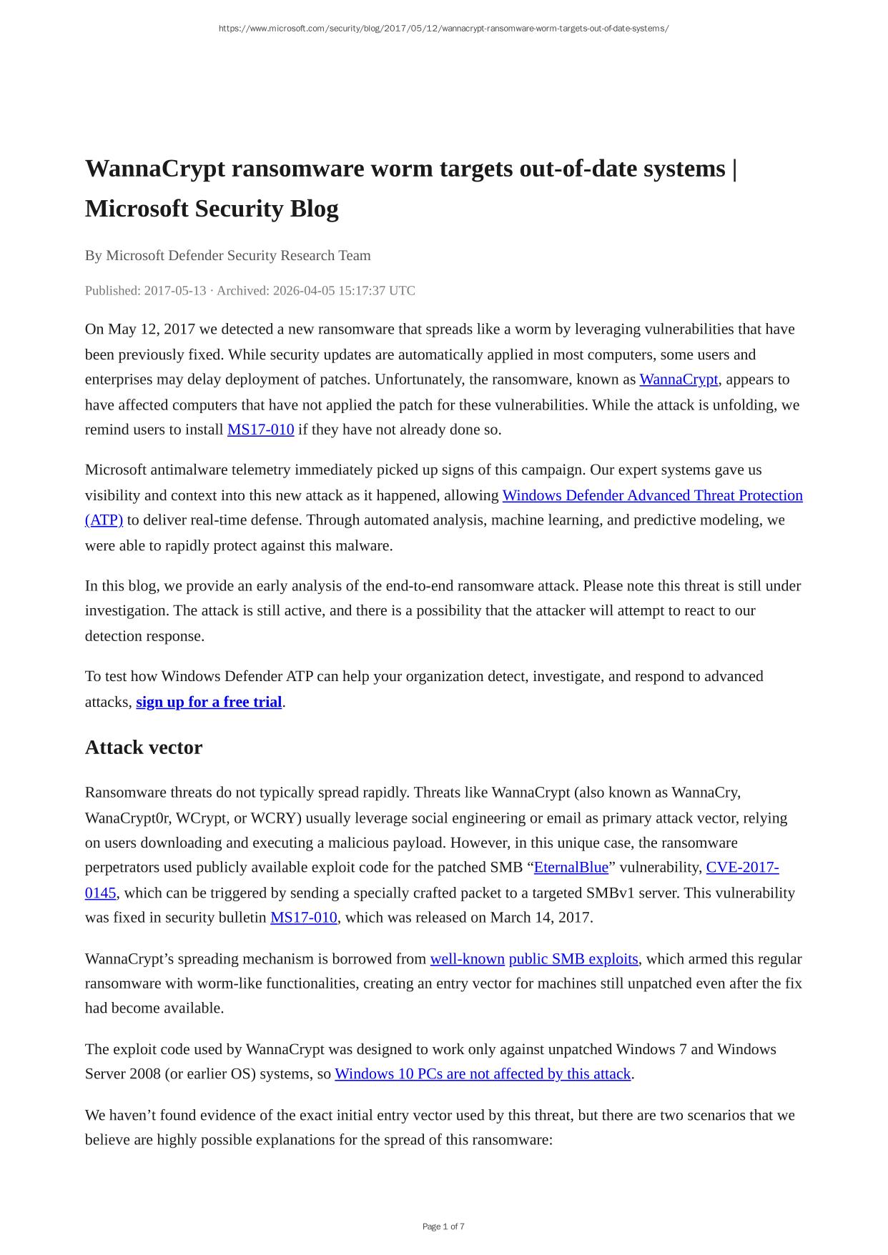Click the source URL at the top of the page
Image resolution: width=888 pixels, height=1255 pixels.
[443, 29]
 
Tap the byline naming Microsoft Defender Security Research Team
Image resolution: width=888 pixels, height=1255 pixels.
[238, 255]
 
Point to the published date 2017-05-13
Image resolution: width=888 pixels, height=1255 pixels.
[174, 290]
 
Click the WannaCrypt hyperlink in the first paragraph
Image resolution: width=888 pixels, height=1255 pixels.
[678, 380]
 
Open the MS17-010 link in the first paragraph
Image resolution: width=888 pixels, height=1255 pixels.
[260, 430]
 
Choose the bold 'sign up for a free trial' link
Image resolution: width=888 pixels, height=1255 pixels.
[209, 702]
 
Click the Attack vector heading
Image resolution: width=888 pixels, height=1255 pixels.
[144, 748]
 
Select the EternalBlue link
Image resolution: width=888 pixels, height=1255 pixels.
[571, 868]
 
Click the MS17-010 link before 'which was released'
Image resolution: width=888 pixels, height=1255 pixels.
[303, 918]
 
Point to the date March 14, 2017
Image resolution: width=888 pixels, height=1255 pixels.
[541, 918]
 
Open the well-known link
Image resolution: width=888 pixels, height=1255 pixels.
[467, 958]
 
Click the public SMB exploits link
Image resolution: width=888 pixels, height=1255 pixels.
[573, 958]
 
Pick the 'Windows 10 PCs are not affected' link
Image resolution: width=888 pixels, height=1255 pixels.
[483, 1074]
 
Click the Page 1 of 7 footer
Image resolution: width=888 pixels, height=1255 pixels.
[443, 1226]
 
